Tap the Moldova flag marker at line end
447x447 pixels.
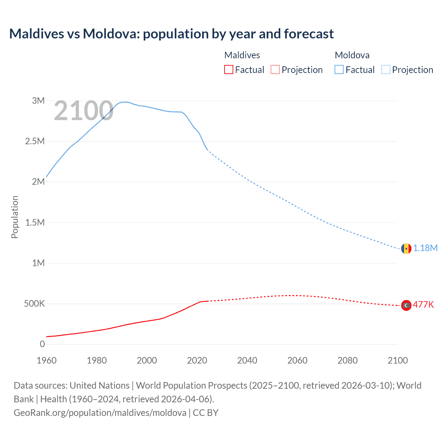pos(406,248)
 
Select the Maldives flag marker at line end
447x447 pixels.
pos(406,305)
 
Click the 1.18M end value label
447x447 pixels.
pos(425,248)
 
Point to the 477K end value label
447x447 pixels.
pos(423,305)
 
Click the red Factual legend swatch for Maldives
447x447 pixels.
pos(229,70)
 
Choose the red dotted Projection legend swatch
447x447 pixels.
pos(275,70)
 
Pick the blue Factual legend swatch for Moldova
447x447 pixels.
pos(339,70)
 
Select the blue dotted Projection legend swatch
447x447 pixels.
pos(386,70)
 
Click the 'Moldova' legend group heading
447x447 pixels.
pos(352,55)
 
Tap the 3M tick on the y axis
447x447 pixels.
pos(38,101)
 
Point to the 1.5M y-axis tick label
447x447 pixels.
pos(35,222)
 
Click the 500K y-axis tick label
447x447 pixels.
pos(34,304)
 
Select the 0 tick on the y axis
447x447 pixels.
pos(42,344)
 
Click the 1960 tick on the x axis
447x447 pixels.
pos(46,360)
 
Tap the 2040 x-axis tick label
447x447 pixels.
pos(247,360)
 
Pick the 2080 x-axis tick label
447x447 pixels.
pos(347,360)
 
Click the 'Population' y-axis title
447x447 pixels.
pos(15,217)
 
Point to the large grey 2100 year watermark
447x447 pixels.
pos(83,111)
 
